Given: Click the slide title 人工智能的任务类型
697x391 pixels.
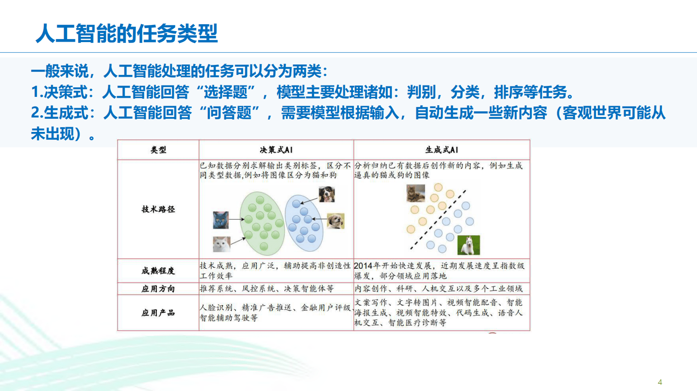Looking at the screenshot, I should coord(126,33).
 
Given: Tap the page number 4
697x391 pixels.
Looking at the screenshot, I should coord(660,382).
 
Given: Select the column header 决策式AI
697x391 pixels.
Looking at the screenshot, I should coord(276,150).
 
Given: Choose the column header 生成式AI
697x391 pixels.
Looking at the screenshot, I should coord(441,150).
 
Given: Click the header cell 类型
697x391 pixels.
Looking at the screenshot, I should coord(158,150).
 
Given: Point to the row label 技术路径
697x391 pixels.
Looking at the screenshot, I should coord(158,209).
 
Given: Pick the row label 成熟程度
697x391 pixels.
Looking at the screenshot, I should coord(158,271).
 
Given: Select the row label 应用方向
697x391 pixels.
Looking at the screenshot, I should coord(158,289).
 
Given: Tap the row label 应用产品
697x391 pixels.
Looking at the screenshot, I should coord(158,313).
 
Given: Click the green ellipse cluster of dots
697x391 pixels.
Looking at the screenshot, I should coord(262,224).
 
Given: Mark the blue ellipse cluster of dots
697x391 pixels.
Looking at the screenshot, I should coord(304,223).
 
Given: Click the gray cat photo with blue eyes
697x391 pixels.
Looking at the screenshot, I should coord(220,220).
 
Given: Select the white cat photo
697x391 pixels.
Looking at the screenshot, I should coord(221,244).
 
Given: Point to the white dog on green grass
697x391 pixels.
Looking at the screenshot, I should coord(469,245).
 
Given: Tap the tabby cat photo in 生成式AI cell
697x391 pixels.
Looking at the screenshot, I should coord(415,193).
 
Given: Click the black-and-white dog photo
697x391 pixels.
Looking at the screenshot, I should coord(327,194).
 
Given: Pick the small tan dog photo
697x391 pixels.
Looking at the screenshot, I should coord(336,221).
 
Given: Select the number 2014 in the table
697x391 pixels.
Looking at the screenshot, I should coord(363,266).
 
